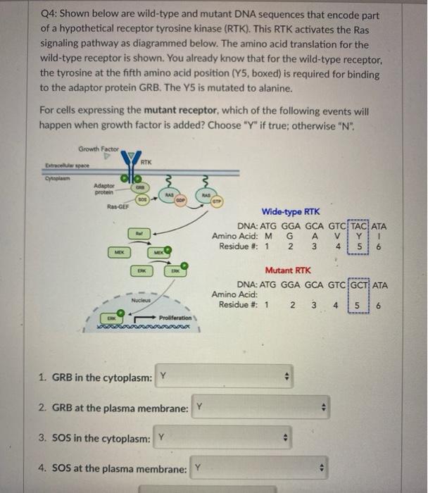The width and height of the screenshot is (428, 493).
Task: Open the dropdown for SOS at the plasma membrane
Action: [x=260, y=467]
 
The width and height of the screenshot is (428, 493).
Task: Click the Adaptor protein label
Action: [x=106, y=189]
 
